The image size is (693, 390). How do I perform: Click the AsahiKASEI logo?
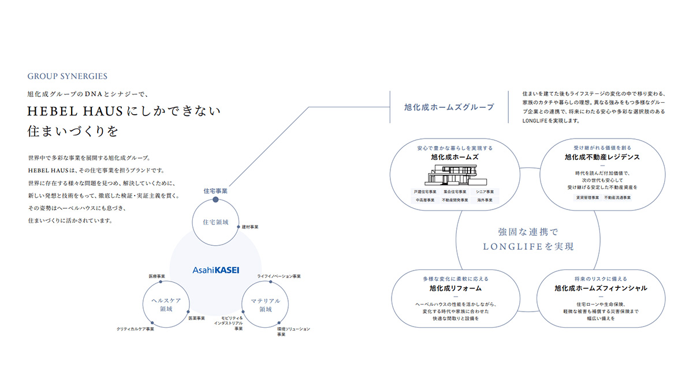(x=215, y=269)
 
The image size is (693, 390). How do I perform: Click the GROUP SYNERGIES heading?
(x=67, y=76)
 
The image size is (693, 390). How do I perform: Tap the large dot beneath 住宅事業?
(x=215, y=200)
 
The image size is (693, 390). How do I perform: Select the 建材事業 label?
(x=250, y=227)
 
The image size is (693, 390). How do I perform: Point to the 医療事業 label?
(x=157, y=276)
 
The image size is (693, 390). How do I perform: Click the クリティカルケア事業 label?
(x=135, y=329)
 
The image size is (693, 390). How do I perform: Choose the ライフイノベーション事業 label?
(x=279, y=276)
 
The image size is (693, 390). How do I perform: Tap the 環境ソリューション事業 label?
(x=293, y=331)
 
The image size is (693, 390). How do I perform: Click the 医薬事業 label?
(x=197, y=318)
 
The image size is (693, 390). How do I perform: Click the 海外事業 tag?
(x=484, y=200)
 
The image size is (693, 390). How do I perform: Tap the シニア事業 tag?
(x=484, y=191)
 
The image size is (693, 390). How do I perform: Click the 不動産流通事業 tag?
(x=617, y=197)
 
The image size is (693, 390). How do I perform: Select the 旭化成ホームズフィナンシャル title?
(x=601, y=288)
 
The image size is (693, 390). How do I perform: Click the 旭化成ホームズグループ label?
(x=449, y=107)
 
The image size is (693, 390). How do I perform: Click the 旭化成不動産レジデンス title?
(x=602, y=156)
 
